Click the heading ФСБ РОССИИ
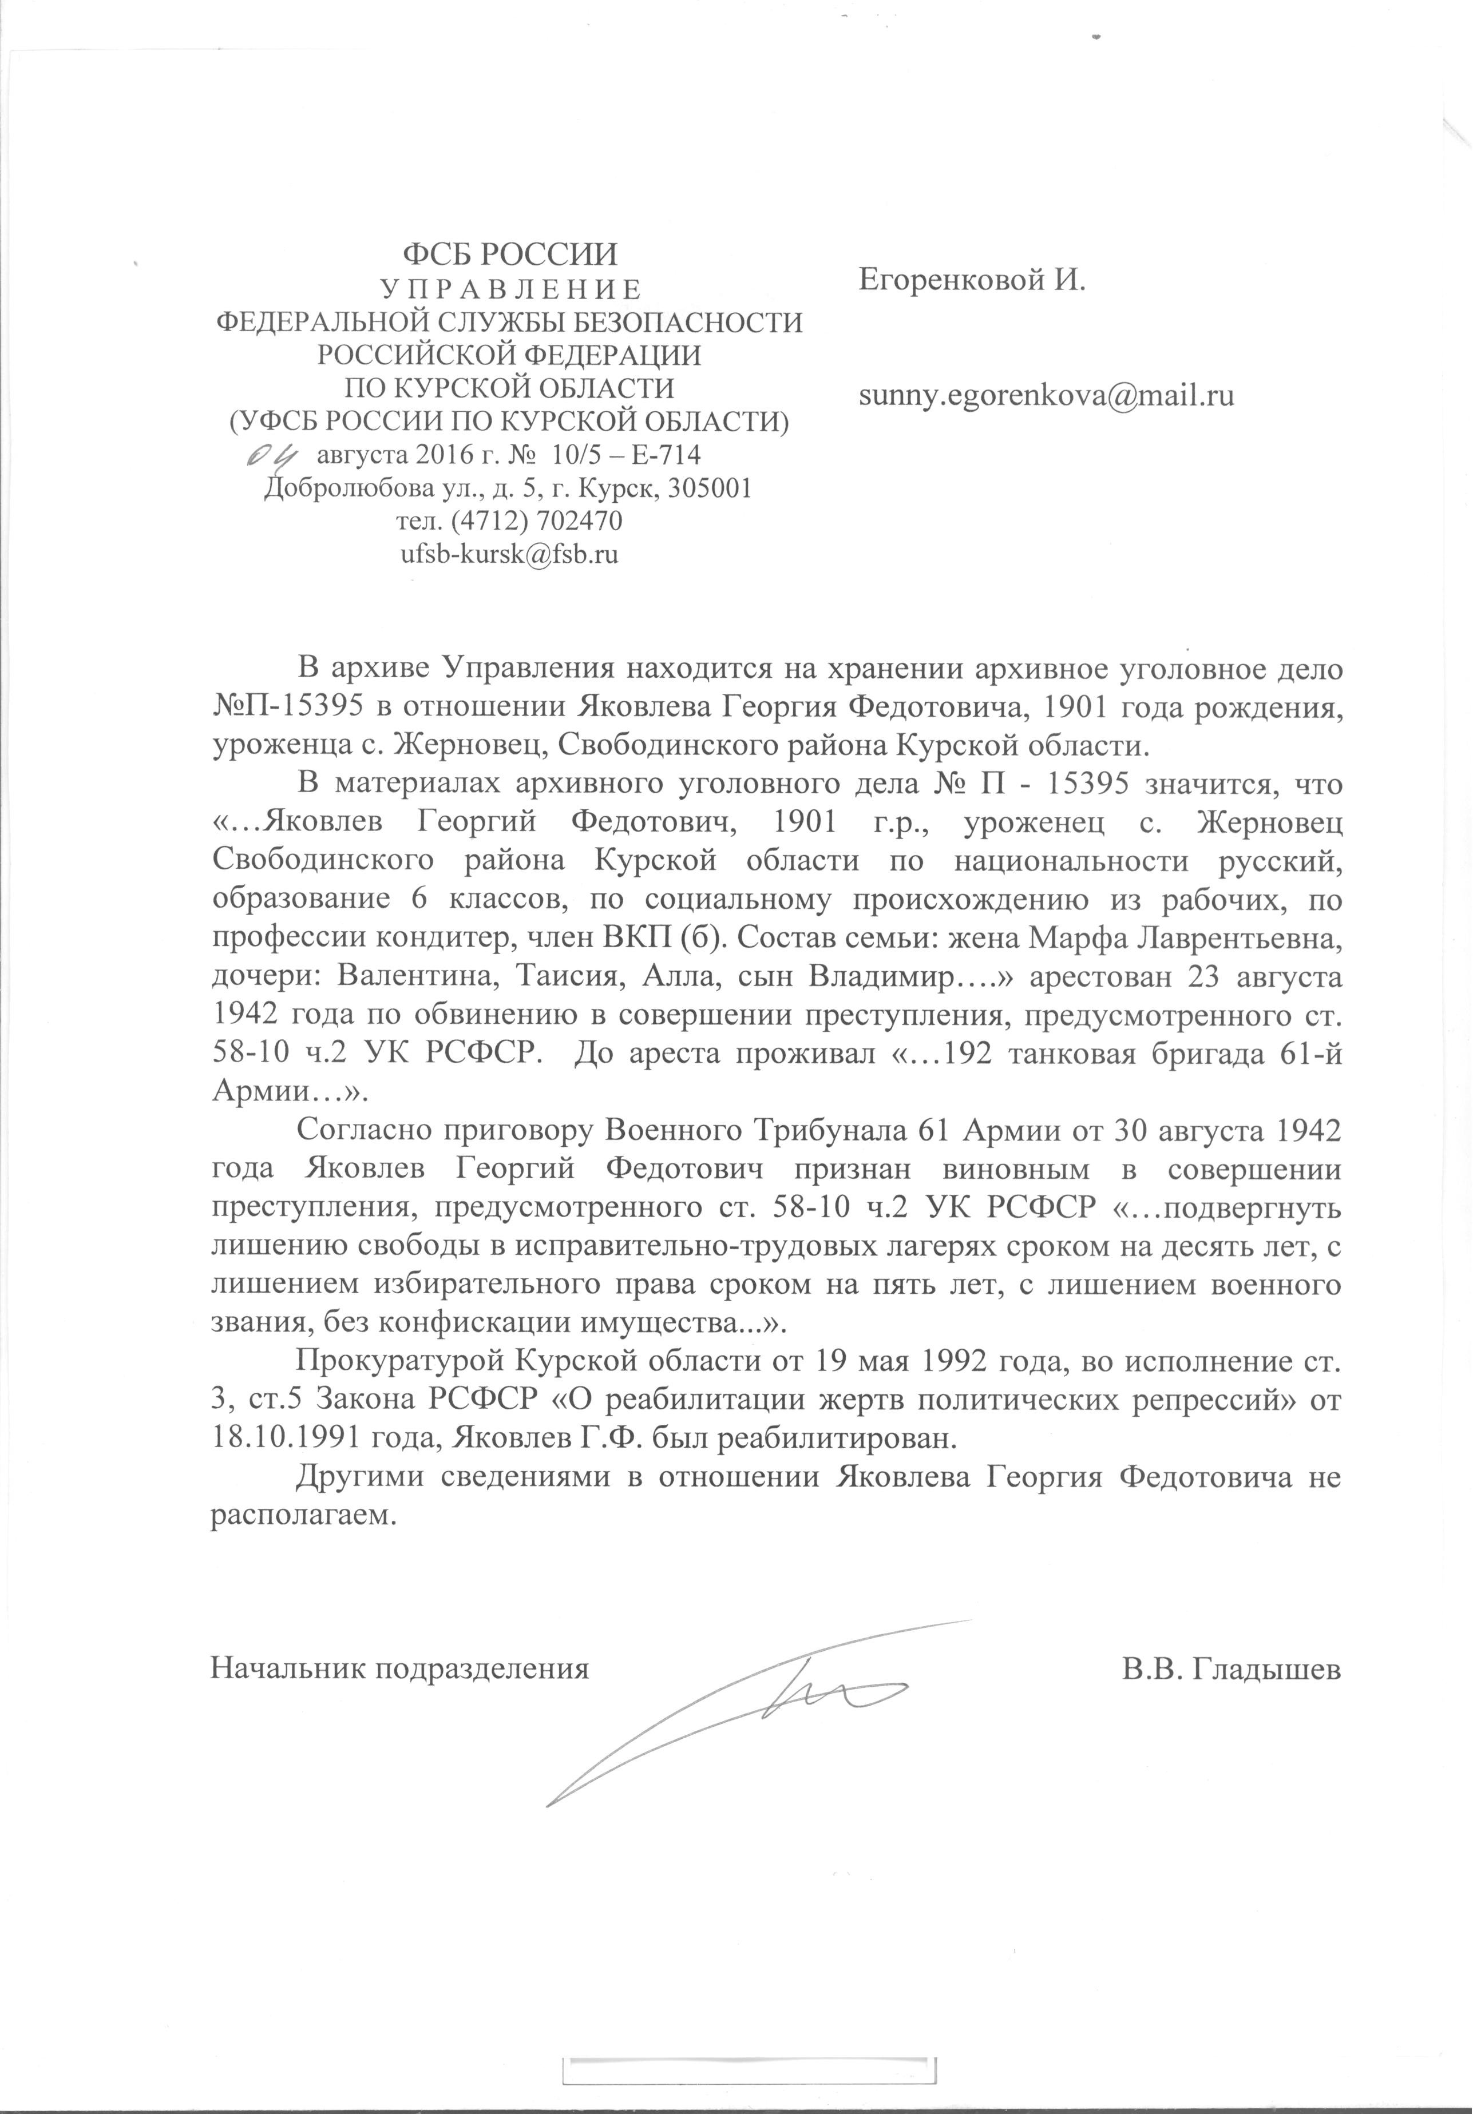[x=512, y=253]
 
